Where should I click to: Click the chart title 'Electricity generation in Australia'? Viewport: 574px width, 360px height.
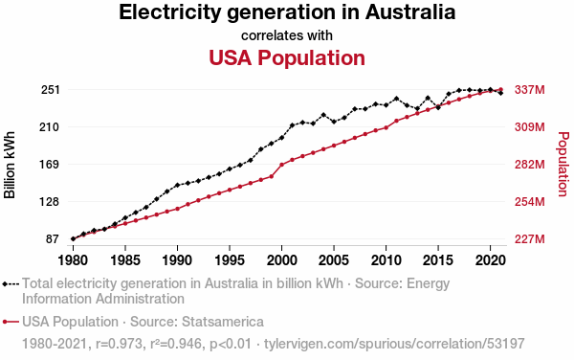[x=287, y=12]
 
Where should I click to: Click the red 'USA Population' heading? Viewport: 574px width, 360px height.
[x=287, y=57]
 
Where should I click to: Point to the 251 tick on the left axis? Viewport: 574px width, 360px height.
[x=50, y=90]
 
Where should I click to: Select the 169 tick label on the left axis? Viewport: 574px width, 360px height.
[x=50, y=165]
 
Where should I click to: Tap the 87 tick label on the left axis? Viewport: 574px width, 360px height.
[x=53, y=239]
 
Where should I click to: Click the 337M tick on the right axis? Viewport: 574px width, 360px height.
[x=529, y=90]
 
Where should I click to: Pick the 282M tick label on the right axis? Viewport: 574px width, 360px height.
[x=529, y=165]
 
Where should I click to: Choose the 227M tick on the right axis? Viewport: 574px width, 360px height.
[x=529, y=239]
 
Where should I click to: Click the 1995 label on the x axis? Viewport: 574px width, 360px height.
[x=230, y=260]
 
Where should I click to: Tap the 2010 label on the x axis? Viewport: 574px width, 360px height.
[x=386, y=260]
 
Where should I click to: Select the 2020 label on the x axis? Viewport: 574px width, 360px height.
[x=490, y=260]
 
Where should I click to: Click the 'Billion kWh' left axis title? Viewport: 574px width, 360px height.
[x=10, y=165]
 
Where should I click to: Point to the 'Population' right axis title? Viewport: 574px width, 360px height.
[x=563, y=164]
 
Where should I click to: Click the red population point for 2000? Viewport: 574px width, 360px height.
[x=281, y=165]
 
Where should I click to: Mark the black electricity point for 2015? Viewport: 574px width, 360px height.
[x=438, y=107]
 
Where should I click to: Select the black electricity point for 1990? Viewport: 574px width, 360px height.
[x=177, y=186]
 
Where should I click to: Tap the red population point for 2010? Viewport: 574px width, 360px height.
[x=386, y=127]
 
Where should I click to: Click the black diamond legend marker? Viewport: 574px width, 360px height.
[x=5, y=284]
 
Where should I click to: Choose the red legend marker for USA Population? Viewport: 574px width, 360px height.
[x=5, y=322]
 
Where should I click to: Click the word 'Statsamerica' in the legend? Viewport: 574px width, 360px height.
[x=223, y=322]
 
